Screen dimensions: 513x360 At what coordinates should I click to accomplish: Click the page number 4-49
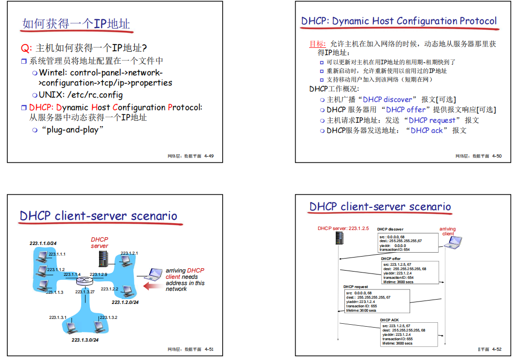209,156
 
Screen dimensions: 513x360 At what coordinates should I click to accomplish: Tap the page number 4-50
497,156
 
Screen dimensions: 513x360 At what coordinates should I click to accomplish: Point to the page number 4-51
209,349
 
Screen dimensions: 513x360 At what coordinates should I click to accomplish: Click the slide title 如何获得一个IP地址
76,24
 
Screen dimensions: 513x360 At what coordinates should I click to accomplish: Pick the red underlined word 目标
317,44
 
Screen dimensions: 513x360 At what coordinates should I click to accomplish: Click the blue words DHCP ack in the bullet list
427,130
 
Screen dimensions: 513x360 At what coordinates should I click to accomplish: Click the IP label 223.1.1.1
56,254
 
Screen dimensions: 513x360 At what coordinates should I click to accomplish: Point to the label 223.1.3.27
85,292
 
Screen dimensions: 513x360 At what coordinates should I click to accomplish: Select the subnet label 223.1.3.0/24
85,340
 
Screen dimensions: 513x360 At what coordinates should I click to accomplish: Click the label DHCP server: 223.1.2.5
343,229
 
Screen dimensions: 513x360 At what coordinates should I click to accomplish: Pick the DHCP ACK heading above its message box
389,320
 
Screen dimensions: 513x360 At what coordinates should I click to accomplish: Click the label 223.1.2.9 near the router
99,274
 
